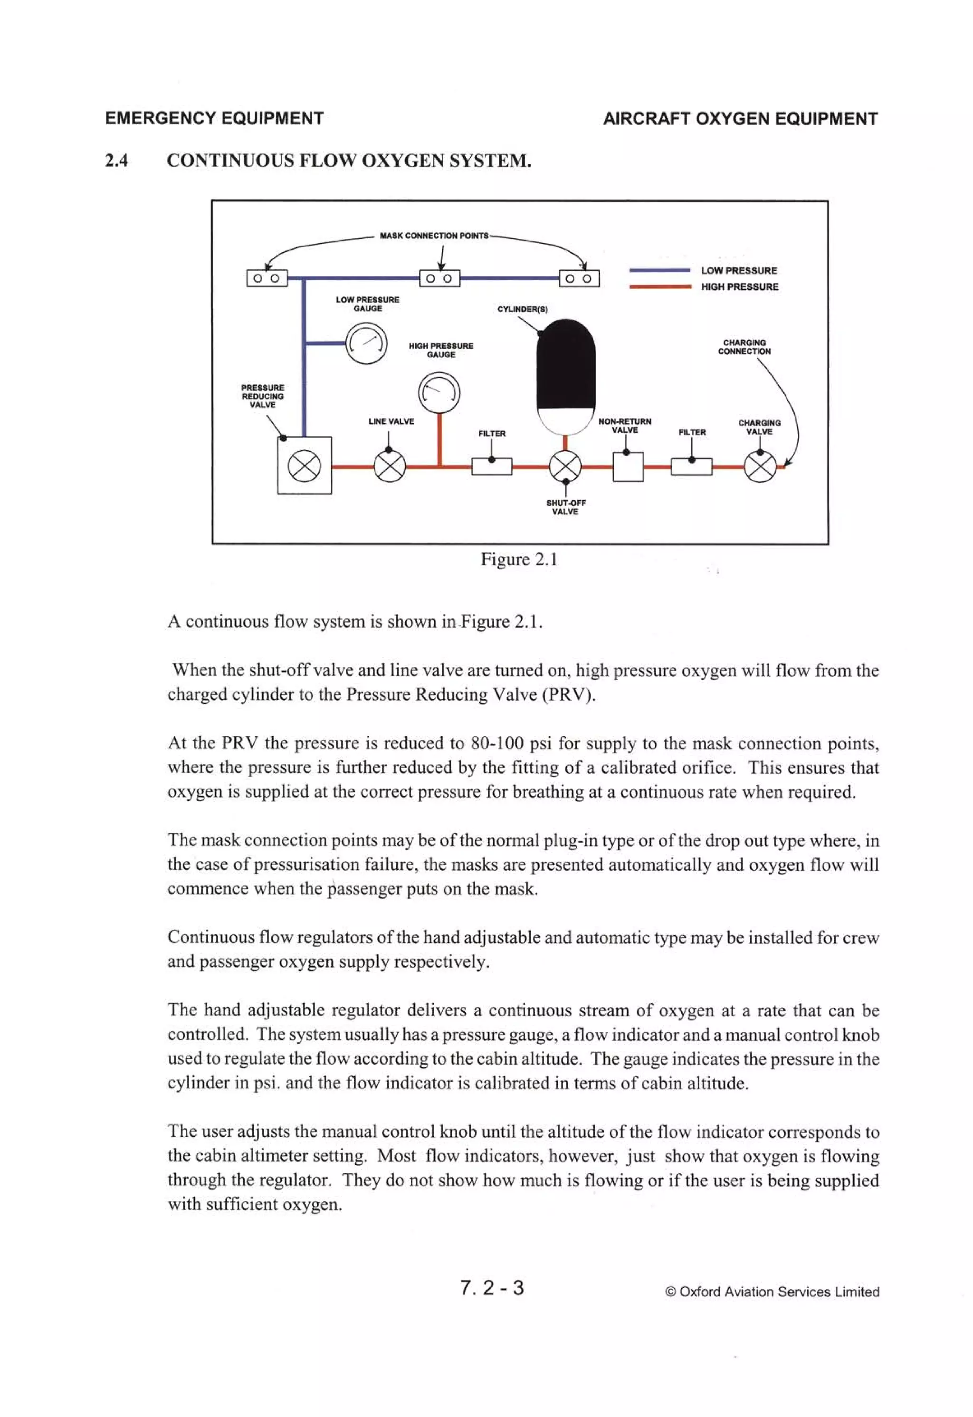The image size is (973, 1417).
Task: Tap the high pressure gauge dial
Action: coord(439,393)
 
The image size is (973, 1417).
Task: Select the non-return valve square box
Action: coord(628,467)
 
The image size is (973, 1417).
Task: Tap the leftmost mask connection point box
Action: coord(267,279)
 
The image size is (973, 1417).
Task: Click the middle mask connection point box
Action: coord(439,279)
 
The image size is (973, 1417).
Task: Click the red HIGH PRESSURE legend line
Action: coord(659,286)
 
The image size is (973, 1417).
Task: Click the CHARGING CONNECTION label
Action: coord(744,347)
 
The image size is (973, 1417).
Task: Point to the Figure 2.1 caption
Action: coord(519,559)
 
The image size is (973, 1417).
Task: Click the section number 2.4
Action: coord(116,161)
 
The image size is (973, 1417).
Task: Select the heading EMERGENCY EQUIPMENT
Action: coord(214,118)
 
